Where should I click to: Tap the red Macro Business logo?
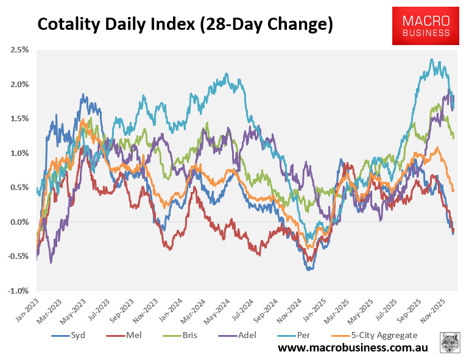(x=426, y=26)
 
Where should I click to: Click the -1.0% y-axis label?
(x=19, y=291)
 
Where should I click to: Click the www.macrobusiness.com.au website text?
(x=353, y=348)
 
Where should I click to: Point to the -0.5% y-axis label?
(x=19, y=256)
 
